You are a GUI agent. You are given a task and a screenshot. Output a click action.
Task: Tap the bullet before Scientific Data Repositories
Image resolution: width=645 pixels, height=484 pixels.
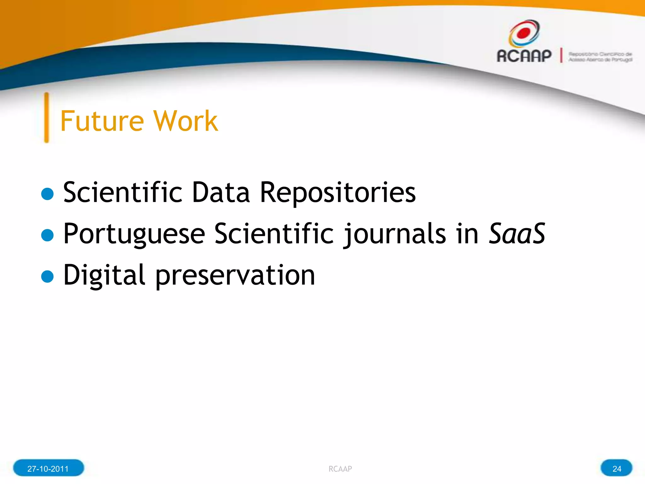click(48, 194)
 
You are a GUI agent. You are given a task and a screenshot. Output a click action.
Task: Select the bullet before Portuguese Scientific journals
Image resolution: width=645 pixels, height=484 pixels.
click(48, 235)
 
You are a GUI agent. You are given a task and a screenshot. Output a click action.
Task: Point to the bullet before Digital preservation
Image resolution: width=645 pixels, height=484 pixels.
click(48, 276)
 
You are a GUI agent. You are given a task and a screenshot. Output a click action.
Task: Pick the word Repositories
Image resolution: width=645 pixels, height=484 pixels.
click(338, 193)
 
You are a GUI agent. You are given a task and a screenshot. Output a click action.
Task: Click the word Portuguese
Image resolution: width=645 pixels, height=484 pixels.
click(134, 234)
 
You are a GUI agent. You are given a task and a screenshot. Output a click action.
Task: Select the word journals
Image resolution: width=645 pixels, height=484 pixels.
click(394, 234)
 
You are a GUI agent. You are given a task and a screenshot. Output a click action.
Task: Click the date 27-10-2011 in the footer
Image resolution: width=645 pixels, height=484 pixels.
click(48, 469)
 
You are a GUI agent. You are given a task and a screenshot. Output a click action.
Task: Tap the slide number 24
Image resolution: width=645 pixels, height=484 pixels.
click(617, 469)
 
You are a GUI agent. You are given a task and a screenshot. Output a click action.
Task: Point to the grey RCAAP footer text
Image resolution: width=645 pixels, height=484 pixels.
click(340, 469)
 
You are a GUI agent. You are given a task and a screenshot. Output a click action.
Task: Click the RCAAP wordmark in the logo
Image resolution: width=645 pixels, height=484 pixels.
click(524, 56)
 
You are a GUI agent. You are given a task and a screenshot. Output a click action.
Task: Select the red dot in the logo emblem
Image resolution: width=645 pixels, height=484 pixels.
click(524, 32)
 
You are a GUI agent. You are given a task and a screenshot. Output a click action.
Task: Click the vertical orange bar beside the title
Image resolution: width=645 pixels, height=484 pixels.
click(47, 118)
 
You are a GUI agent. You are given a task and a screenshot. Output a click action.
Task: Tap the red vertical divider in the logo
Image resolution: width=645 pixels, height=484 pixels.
click(561, 55)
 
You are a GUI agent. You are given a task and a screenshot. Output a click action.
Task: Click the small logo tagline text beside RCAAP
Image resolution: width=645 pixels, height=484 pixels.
click(600, 57)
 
